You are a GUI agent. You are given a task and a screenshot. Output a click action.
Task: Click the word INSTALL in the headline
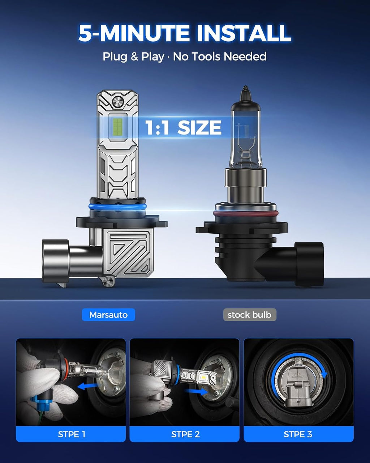click(x=244, y=33)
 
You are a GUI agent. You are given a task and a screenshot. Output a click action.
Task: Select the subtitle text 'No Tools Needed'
click(x=220, y=56)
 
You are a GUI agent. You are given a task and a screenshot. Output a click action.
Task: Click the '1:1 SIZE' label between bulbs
click(x=183, y=127)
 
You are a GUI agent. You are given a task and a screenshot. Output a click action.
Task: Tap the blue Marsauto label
click(x=108, y=315)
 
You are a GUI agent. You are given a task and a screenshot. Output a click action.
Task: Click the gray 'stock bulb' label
click(x=250, y=315)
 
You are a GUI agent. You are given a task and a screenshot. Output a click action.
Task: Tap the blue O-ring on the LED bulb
click(x=117, y=207)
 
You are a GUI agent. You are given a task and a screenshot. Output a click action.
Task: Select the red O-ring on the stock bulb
click(x=246, y=213)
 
